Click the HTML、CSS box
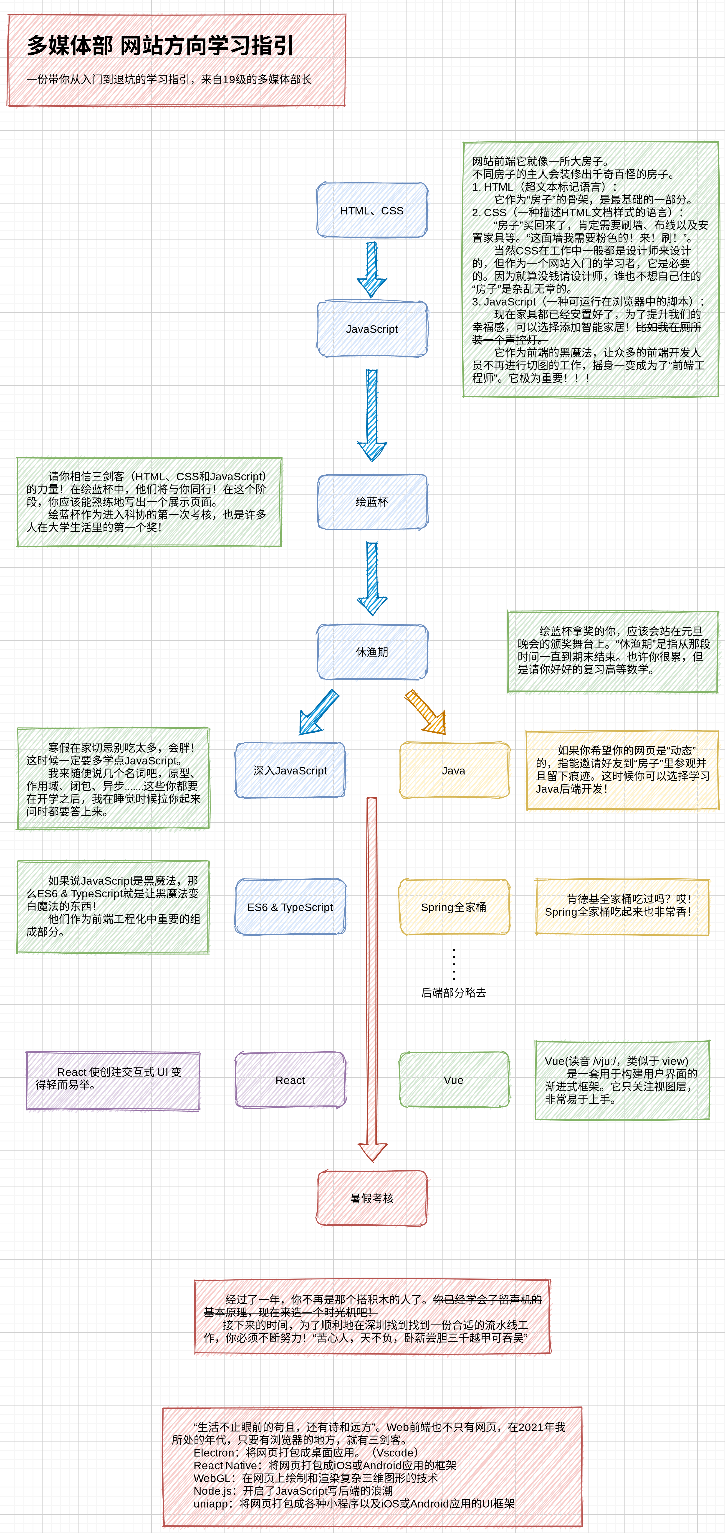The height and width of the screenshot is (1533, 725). (372, 211)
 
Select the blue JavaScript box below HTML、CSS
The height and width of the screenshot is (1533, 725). (372, 329)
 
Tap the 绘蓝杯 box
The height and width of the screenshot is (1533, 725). (372, 502)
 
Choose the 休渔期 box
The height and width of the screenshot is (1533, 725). (372, 652)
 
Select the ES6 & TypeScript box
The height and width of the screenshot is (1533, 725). (290, 907)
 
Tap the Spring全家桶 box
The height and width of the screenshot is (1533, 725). (454, 907)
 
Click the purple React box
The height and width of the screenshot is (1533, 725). (290, 1080)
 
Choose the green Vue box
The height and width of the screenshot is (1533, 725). (454, 1080)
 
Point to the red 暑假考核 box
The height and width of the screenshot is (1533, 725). (372, 1198)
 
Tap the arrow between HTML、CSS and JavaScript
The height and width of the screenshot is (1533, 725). (372, 269)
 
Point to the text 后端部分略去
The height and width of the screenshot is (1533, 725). (454, 993)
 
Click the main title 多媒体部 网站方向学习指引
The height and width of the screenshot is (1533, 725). (161, 46)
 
